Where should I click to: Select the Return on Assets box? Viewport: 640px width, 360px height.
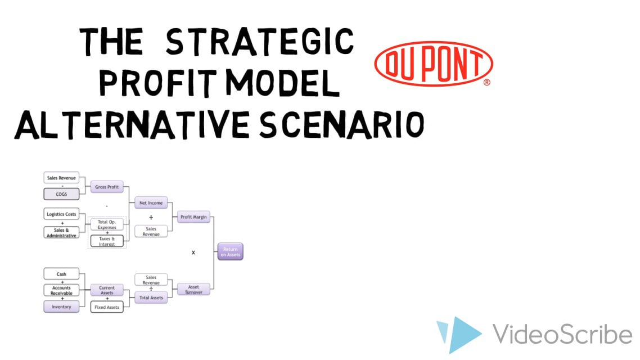(230, 251)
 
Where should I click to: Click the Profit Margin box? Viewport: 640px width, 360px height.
(193, 217)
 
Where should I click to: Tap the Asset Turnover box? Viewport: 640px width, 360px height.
(193, 289)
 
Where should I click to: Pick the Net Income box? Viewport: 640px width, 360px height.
(151, 202)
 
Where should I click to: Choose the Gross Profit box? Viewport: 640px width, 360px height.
(107, 186)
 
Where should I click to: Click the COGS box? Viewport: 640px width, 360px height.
(61, 194)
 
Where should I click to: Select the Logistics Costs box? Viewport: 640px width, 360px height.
(61, 214)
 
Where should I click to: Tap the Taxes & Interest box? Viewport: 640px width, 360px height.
(107, 241)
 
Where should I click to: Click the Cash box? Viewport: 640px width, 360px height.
(61, 274)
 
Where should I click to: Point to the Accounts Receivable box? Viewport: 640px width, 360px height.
(61, 290)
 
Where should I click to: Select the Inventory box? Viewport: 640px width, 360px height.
(61, 307)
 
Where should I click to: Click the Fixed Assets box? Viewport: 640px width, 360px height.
(107, 307)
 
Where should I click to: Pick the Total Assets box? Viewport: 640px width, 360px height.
(151, 298)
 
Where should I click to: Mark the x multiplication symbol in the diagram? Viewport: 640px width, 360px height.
(193, 253)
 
